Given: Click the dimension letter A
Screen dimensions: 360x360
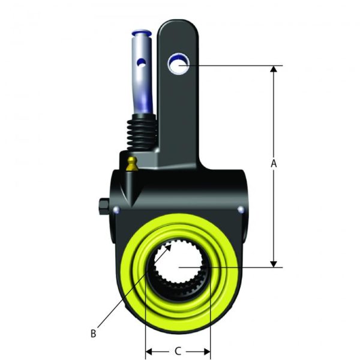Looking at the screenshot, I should (274, 163).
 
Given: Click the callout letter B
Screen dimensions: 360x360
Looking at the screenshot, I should (93, 332).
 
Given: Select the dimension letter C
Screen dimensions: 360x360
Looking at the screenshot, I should (178, 350).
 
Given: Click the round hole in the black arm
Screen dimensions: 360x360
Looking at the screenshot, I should (178, 62).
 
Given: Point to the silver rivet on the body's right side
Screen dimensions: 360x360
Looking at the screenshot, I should (241, 209).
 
